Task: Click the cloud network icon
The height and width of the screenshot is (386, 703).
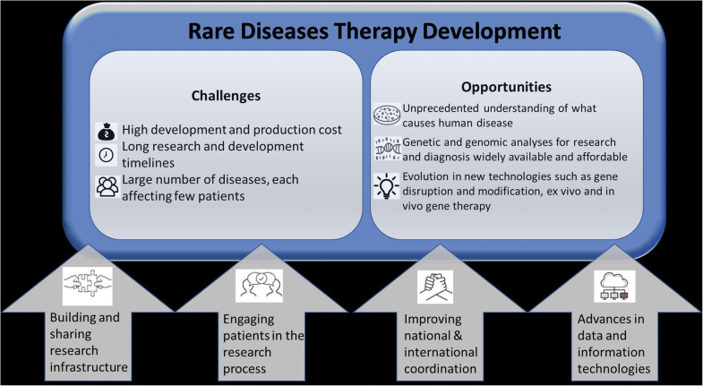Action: click(613, 285)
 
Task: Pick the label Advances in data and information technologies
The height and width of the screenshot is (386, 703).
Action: click(615, 344)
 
